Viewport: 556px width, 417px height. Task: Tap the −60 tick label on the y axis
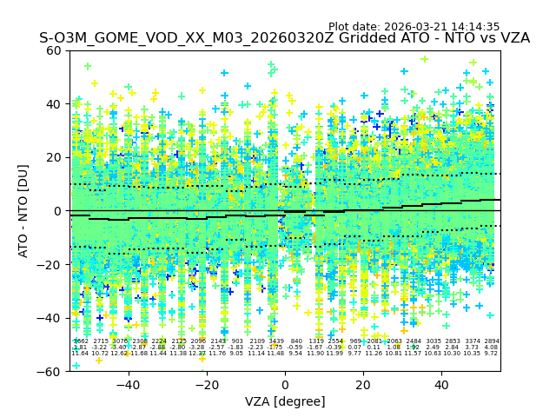coord(52,372)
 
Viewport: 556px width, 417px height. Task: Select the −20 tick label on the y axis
coord(52,265)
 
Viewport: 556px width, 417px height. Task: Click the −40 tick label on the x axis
coord(128,385)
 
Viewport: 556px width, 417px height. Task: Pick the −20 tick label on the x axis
coord(206,385)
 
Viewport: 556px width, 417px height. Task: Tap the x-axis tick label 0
coord(285,385)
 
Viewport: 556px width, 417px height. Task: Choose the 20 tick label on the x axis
coord(363,385)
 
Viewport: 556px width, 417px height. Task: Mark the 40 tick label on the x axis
coord(441,385)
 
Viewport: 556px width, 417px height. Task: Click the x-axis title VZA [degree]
coord(285,401)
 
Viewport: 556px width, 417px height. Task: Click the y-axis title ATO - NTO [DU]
coord(24,210)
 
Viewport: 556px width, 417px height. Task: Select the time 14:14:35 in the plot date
coord(474,27)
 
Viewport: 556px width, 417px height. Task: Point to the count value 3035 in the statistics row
coord(434,341)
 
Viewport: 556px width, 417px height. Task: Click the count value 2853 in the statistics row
coord(453,341)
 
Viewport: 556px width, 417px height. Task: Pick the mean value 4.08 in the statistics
coord(492,347)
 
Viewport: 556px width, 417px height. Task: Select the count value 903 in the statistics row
coord(237,341)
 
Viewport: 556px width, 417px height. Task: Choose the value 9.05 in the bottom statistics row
coord(236,354)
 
